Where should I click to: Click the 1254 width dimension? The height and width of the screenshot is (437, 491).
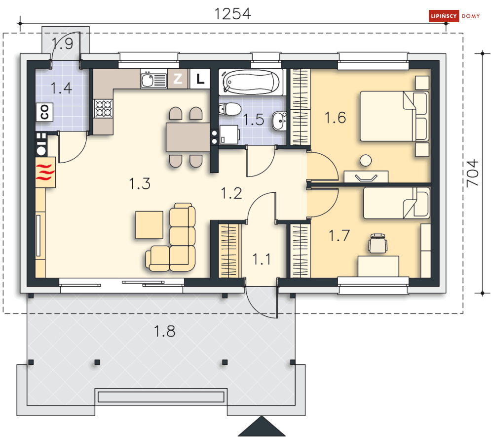click(232, 14)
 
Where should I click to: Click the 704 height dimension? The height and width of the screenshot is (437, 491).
click(473, 173)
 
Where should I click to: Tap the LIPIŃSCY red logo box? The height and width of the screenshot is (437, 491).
click(444, 16)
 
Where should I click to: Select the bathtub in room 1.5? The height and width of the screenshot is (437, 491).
click(251, 82)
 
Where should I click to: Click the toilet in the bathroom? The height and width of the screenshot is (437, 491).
click(230, 109)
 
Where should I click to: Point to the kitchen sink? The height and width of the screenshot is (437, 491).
click(153, 80)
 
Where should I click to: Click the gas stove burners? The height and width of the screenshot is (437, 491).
click(103, 109)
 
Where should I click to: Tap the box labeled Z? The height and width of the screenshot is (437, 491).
click(178, 79)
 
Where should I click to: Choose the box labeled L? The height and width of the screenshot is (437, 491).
click(200, 79)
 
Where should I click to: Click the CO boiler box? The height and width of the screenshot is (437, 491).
click(44, 112)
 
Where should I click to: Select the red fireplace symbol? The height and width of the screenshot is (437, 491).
click(45, 172)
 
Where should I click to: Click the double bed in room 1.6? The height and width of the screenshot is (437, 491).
click(394, 116)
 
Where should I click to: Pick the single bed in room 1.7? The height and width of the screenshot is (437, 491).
click(396, 203)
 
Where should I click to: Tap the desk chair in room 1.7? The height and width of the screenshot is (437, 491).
click(378, 243)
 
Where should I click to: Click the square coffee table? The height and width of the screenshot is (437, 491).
click(150, 225)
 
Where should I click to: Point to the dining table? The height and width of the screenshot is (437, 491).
click(188, 137)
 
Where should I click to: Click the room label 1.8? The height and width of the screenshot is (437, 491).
click(165, 331)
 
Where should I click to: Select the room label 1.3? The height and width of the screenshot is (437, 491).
click(140, 183)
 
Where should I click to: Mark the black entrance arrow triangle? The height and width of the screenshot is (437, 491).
click(262, 426)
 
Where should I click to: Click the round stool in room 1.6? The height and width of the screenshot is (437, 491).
click(366, 160)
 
